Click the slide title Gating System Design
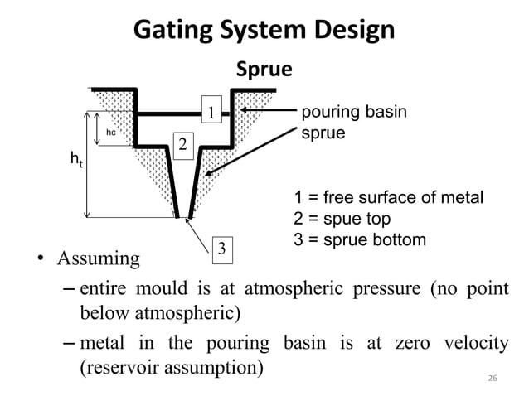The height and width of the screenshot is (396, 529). click(264, 31)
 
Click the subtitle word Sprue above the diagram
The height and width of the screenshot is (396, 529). click(264, 70)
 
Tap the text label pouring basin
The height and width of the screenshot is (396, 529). click(353, 111)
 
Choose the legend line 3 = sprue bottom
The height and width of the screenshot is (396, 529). click(361, 240)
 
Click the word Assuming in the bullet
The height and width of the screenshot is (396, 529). click(98, 259)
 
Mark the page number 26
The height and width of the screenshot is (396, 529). click(492, 378)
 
